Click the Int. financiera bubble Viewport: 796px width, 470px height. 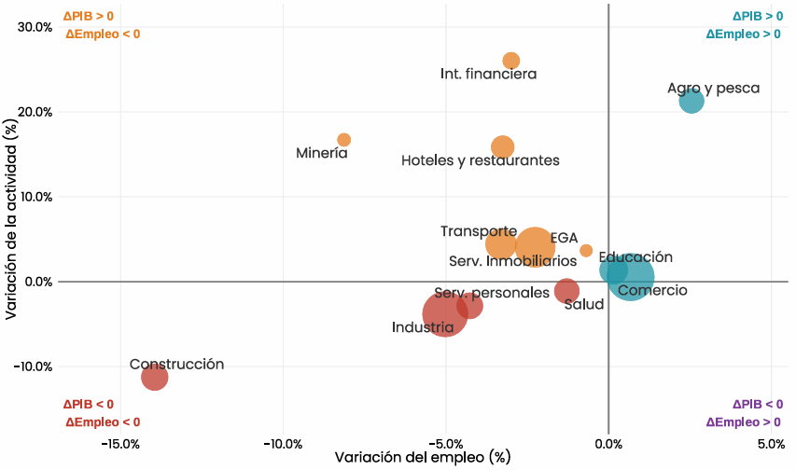[511, 61]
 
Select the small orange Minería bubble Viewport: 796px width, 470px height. [344, 140]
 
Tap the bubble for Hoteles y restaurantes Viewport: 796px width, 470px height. [503, 147]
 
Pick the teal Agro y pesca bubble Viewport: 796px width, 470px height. [691, 101]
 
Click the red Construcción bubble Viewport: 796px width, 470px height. [154, 377]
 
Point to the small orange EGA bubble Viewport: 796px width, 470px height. [586, 250]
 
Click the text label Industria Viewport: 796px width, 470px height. [423, 327]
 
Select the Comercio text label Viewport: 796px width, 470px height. [653, 290]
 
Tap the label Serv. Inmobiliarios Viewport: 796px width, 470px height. [512, 261]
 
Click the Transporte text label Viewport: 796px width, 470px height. [479, 231]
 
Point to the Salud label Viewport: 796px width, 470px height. [584, 305]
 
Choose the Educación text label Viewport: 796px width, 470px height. [635, 256]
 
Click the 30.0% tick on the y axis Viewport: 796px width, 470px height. [35, 27]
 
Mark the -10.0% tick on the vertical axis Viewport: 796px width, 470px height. [33, 366]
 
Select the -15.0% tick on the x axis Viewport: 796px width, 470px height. [120, 444]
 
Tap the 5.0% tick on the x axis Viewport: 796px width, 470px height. [771, 444]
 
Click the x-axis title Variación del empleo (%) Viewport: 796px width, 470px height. [423, 457]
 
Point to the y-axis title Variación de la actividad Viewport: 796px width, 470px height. [11, 219]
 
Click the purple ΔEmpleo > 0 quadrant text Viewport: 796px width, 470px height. [743, 422]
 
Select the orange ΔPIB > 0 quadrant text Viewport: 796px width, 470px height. [89, 16]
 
